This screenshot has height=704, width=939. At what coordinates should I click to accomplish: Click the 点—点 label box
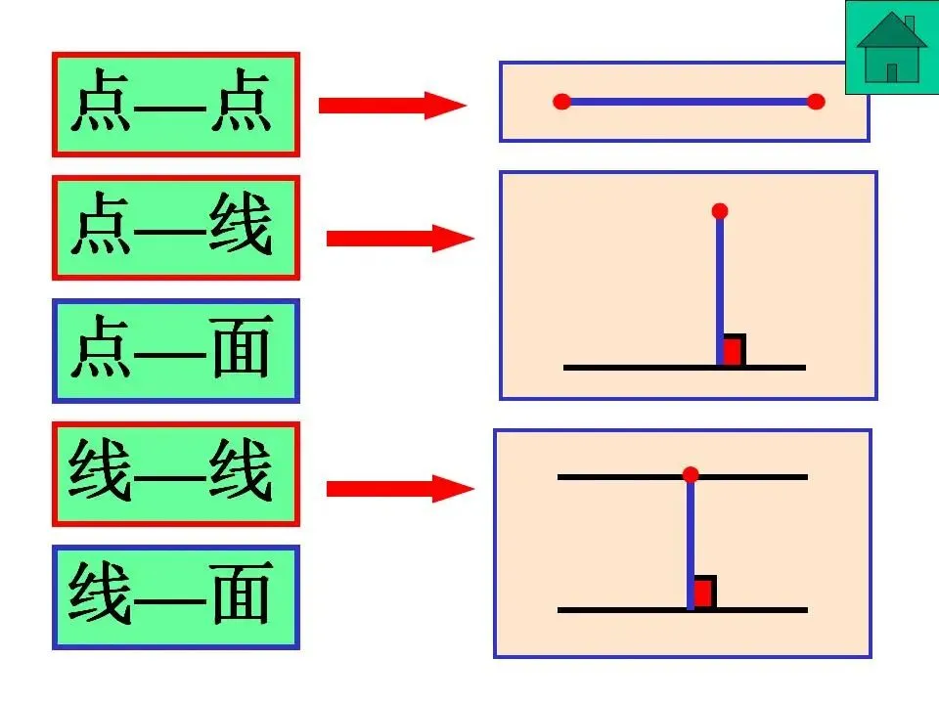pos(176,105)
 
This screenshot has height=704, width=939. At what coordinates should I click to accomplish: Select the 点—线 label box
pos(176,228)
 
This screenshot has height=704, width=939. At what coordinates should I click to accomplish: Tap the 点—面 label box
pos(176,351)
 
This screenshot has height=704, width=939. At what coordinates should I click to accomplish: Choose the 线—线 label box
pos(176,474)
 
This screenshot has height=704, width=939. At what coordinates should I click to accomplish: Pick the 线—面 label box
pos(176,597)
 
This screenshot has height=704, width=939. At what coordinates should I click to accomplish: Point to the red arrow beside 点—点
pos(391,105)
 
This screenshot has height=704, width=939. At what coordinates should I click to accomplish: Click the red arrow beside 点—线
pos(399,238)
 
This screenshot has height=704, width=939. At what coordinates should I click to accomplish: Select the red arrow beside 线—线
pos(399,488)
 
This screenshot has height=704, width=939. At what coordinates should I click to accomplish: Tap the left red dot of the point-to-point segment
pos(561,102)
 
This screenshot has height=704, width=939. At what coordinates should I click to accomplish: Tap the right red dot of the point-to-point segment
pos(817,102)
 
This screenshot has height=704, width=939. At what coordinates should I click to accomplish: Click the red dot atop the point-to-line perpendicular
pos(720,211)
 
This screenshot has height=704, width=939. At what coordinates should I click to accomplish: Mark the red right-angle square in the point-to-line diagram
pos(733,351)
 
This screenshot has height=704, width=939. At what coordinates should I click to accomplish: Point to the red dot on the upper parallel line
pos(691,475)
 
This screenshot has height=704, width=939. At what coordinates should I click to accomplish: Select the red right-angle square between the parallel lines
pos(703,593)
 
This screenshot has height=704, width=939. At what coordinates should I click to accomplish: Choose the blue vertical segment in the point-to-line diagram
pos(720,284)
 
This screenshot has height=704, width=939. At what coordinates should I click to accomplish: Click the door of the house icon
pos(892,71)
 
